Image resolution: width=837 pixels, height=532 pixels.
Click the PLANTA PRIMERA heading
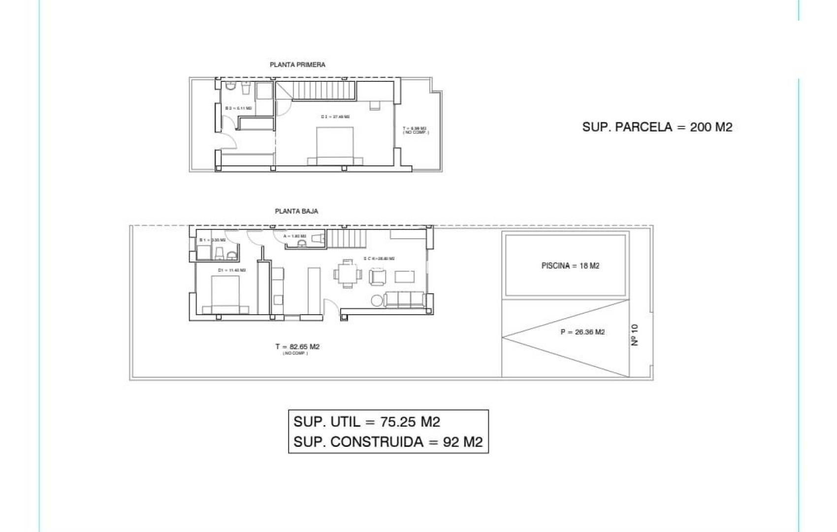[297, 65]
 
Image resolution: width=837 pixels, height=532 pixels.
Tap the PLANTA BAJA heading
[296, 211]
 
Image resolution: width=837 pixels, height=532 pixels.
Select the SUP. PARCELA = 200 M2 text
[657, 127]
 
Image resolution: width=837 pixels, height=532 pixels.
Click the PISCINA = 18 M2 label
[570, 266]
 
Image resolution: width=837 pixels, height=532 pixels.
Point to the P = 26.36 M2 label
[582, 332]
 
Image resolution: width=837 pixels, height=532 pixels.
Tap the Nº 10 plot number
[635, 334]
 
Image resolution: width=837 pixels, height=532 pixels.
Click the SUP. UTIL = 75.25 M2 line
[367, 422]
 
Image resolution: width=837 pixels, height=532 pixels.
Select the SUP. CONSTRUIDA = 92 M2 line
[388, 442]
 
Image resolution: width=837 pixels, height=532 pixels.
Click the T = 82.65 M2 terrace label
[297, 347]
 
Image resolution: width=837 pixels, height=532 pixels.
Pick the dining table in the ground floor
[347, 273]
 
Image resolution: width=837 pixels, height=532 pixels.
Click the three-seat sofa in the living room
[404, 299]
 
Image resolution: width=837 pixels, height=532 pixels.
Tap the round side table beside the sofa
[377, 300]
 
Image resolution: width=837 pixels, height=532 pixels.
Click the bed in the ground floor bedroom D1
[225, 295]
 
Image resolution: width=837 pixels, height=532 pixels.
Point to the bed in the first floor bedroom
[335, 146]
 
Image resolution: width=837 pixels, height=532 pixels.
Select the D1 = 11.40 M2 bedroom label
[231, 270]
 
